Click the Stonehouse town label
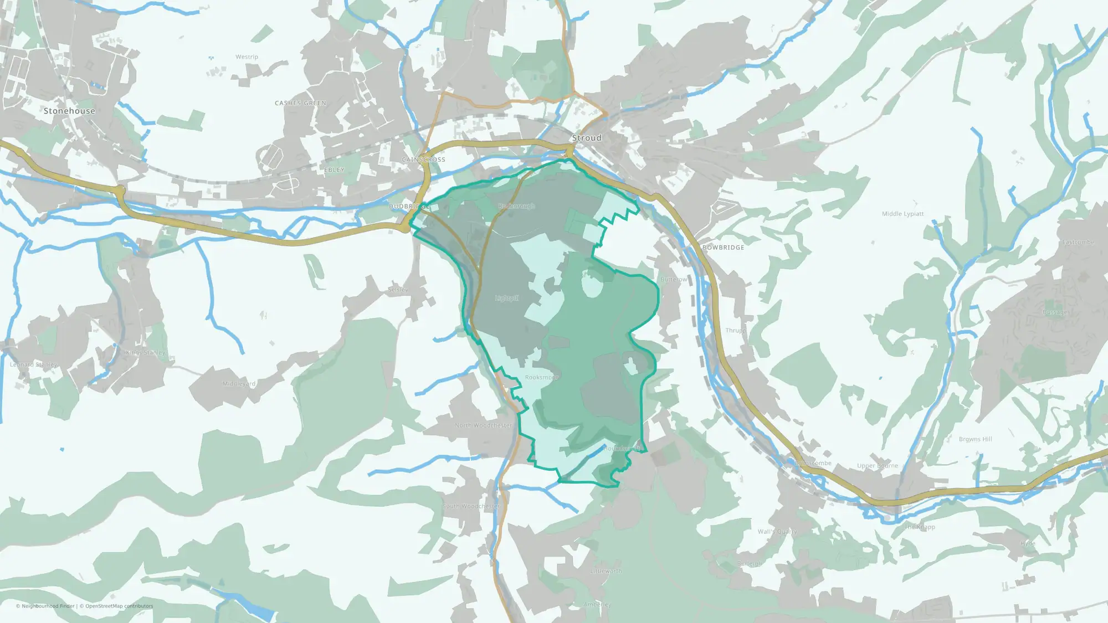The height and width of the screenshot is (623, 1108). pyautogui.click(x=69, y=111)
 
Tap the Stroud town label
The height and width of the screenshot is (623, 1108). pyautogui.click(x=586, y=138)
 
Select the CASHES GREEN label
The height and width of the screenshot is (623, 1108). pyautogui.click(x=300, y=103)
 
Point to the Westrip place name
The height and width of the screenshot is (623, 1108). pyautogui.click(x=247, y=57)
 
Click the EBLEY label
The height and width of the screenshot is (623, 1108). pyautogui.click(x=334, y=170)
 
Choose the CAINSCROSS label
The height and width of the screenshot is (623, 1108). pyautogui.click(x=423, y=159)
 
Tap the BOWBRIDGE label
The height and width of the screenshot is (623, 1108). pyautogui.click(x=723, y=248)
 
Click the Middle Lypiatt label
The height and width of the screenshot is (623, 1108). pyautogui.click(x=902, y=214)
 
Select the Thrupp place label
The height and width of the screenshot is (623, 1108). pyautogui.click(x=736, y=331)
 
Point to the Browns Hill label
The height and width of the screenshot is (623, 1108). pyautogui.click(x=975, y=439)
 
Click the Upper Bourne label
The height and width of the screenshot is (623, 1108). pyautogui.click(x=877, y=466)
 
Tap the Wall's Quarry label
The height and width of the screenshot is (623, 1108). pyautogui.click(x=777, y=532)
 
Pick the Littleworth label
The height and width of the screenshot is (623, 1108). pyautogui.click(x=606, y=571)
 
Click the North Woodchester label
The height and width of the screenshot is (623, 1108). pyautogui.click(x=483, y=425)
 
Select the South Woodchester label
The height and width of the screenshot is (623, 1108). pyautogui.click(x=471, y=506)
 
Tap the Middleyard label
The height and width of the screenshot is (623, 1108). pyautogui.click(x=239, y=384)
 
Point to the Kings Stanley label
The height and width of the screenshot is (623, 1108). pyautogui.click(x=145, y=353)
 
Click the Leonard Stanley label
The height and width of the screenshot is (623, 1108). pyautogui.click(x=33, y=364)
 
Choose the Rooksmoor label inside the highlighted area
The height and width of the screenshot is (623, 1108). pyautogui.click(x=541, y=377)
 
